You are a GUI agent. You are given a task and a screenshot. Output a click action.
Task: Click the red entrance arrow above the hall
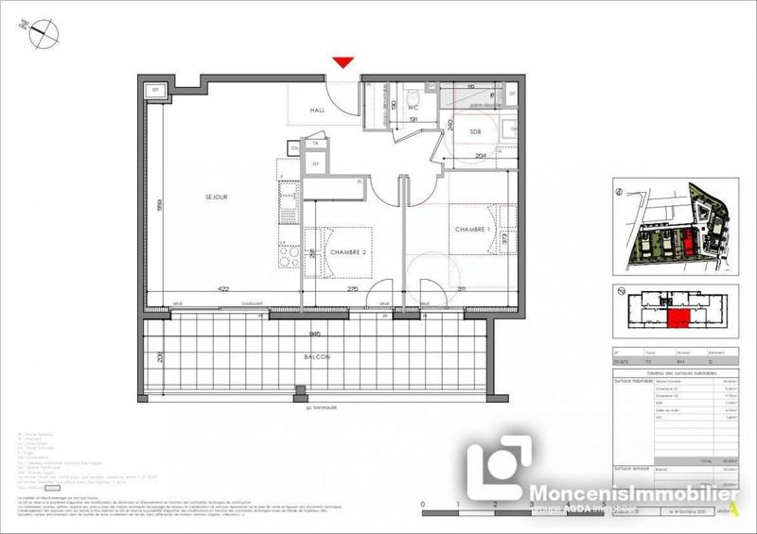pos(343,62)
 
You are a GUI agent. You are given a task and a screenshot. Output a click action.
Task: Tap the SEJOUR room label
pos(219,197)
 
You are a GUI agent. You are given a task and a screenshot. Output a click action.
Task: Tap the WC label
pos(413,107)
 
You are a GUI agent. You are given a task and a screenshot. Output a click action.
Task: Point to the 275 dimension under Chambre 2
pos(352,289)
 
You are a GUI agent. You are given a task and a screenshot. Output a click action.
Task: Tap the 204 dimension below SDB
pos(480,155)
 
